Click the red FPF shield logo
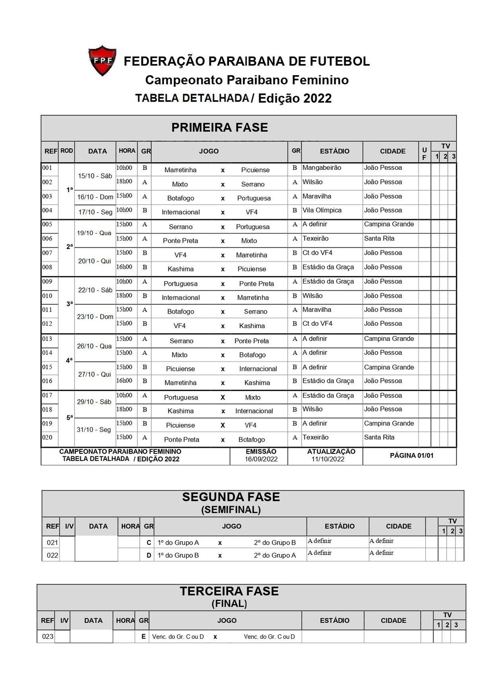(102, 60)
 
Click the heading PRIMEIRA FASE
(219, 127)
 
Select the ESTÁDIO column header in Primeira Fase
(334, 151)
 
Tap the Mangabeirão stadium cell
(322, 168)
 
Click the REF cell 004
(47, 210)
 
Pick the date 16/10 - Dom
(95, 197)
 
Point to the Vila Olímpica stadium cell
(322, 210)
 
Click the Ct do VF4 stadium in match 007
(317, 253)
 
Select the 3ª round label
(70, 304)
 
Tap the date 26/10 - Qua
(94, 346)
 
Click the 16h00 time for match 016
(124, 381)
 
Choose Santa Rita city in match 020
(379, 437)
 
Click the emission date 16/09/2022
(261, 459)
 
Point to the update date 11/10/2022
(328, 459)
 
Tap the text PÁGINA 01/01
(411, 455)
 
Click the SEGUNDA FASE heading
(231, 497)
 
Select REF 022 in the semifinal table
(52, 555)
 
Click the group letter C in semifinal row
(149, 543)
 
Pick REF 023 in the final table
(48, 637)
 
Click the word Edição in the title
(278, 98)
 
